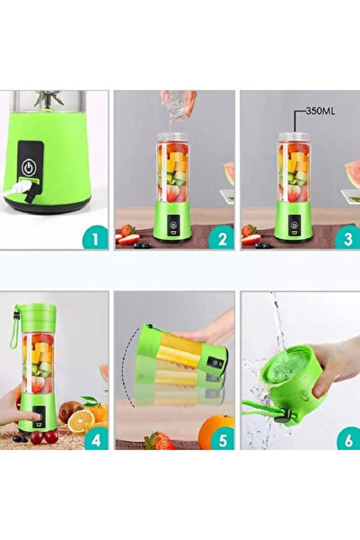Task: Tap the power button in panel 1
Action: coord(30,167)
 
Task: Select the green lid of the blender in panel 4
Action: coord(37,315)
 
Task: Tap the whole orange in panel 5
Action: coord(216,431)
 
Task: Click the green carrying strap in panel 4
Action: coord(15,332)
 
